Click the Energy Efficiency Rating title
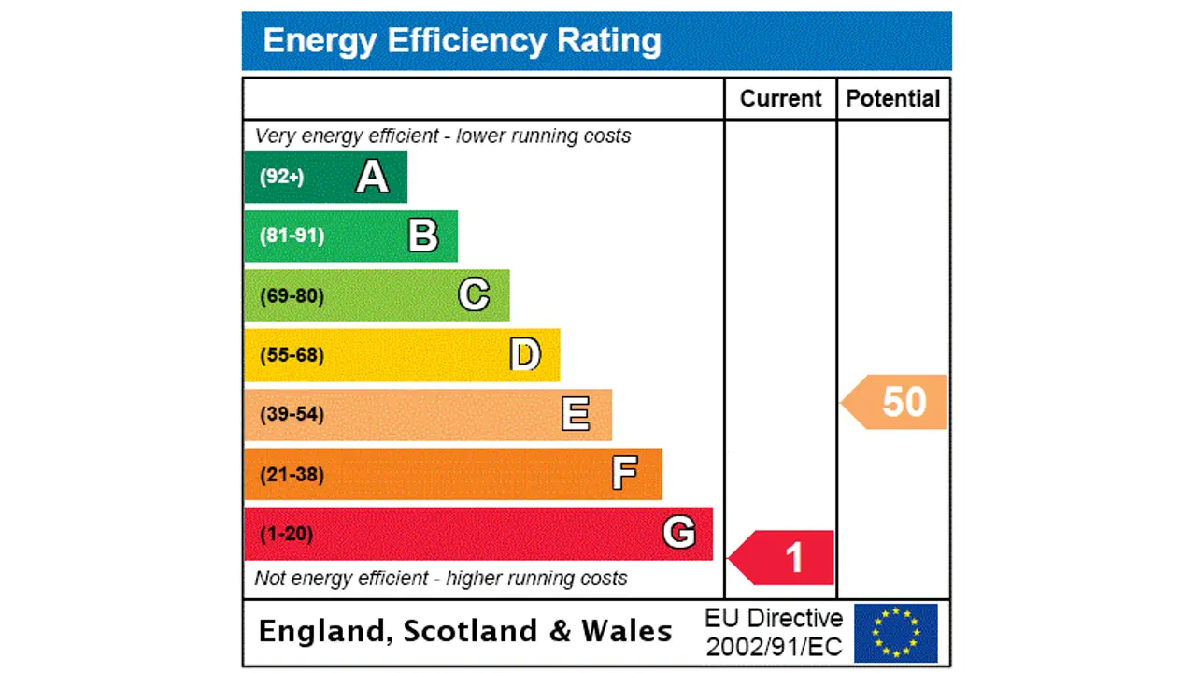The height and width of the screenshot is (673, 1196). tap(462, 41)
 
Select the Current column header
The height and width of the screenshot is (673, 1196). tap(780, 99)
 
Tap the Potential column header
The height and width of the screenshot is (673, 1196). tap(892, 99)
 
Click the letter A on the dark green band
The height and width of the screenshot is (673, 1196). tap(372, 177)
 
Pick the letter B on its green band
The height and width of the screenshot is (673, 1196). tap(423, 236)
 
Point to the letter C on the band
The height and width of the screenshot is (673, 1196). tap(474, 295)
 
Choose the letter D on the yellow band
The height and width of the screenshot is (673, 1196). tap(525, 355)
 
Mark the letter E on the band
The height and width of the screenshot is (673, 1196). tap(576, 414)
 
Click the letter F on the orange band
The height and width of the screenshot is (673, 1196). tap(625, 474)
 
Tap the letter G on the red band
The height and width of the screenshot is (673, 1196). tap(678, 533)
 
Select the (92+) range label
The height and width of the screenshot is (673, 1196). tap(281, 177)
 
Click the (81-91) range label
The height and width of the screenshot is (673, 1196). tap(292, 236)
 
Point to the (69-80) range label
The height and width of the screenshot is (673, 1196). tap(292, 296)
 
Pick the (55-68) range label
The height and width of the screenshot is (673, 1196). tap(292, 355)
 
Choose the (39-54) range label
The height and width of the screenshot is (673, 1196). tap(292, 414)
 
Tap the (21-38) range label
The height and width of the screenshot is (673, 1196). tap(292, 475)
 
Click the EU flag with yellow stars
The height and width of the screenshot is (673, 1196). tap(895, 633)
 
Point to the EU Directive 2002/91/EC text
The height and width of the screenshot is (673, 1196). tap(774, 633)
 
